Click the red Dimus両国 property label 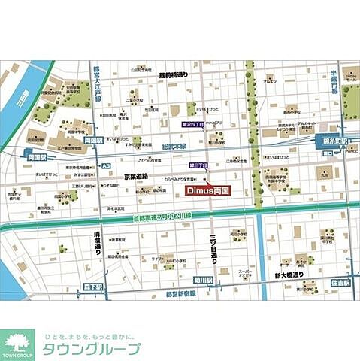point(206,191)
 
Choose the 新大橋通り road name point(289,275)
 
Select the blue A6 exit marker point(107,165)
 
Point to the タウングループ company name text point(92,349)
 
